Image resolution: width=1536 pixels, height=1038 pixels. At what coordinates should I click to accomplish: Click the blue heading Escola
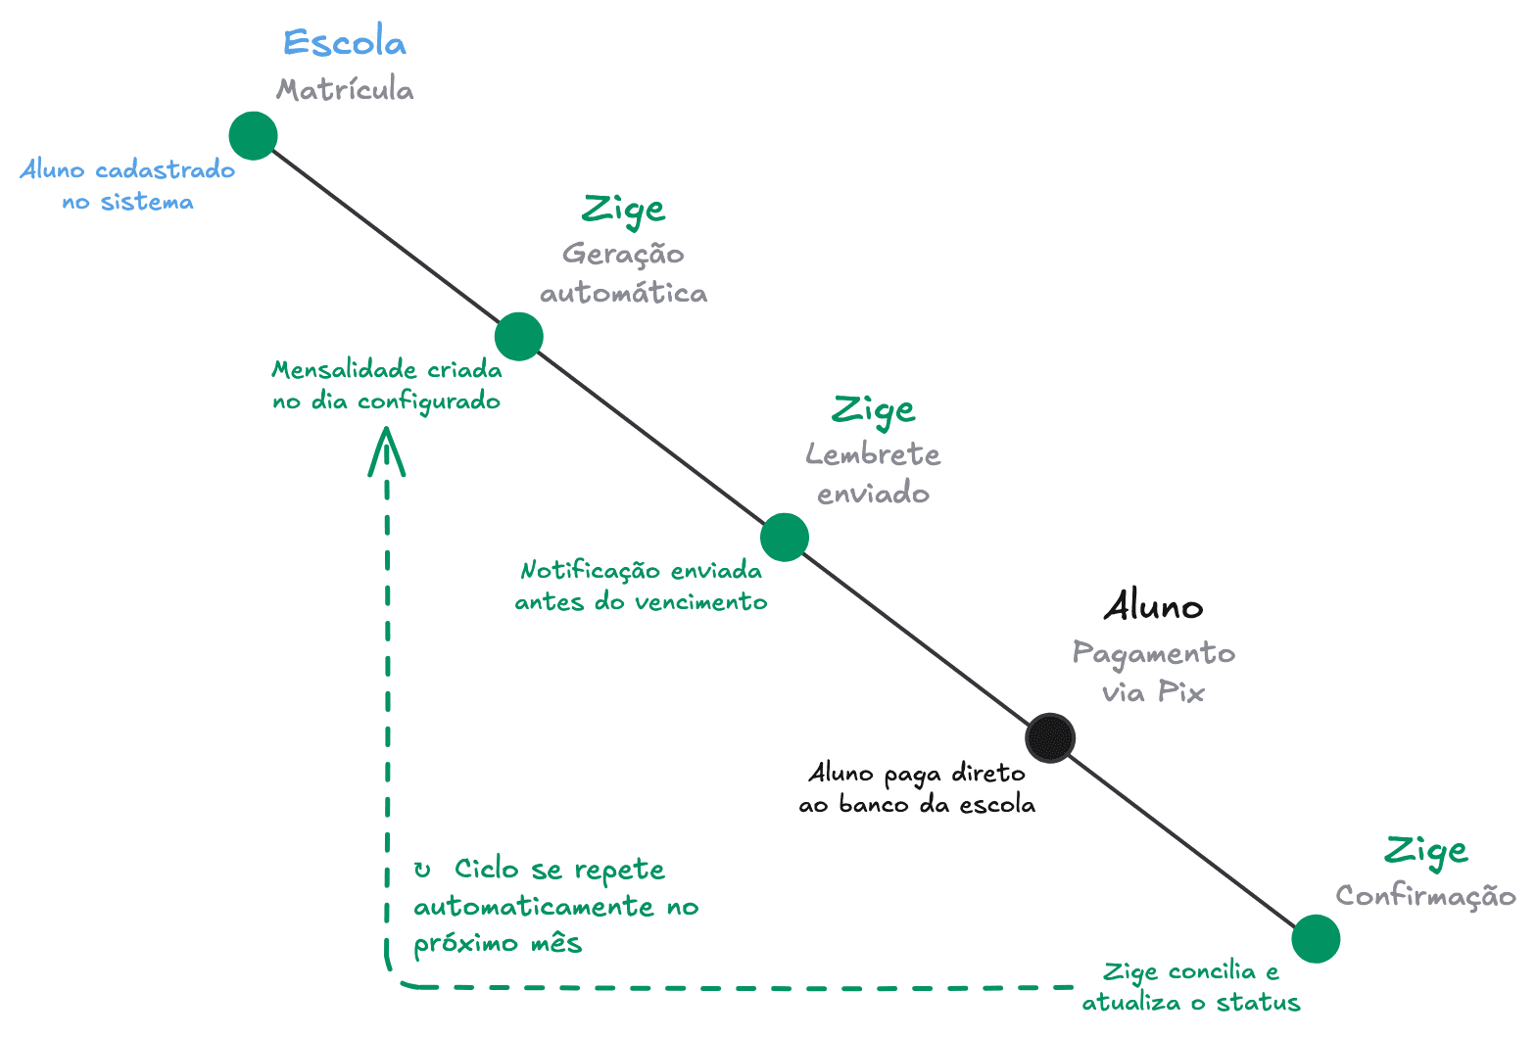[344, 43]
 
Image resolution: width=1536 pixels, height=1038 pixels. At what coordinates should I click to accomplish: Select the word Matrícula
[345, 90]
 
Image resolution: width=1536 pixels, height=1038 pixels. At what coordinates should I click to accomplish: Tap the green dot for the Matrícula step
[254, 135]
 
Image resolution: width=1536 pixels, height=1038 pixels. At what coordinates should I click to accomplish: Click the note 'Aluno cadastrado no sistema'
[128, 185]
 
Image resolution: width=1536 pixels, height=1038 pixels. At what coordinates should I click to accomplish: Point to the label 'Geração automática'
[623, 273]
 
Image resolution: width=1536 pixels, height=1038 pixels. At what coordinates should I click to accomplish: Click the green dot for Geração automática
[519, 337]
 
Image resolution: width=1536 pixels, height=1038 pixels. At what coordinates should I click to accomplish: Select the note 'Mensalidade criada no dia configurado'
[387, 386]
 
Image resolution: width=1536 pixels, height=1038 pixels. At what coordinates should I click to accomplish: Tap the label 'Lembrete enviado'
[873, 474]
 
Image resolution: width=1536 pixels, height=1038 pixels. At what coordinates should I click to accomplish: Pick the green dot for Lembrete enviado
[785, 537]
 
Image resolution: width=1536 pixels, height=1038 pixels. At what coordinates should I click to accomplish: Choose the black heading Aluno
[1153, 607]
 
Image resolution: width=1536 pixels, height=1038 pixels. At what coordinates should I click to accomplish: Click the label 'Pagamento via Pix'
[1153, 673]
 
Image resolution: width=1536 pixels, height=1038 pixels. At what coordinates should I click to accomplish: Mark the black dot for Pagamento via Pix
[1050, 737]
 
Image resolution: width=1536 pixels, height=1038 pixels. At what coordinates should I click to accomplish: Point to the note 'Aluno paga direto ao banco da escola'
[917, 788]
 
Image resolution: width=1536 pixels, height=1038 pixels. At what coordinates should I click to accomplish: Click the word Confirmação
[1425, 896]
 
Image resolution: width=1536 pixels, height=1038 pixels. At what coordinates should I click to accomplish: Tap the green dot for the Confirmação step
[1316, 939]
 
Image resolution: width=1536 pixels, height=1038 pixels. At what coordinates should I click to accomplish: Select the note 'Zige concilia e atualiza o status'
[1191, 987]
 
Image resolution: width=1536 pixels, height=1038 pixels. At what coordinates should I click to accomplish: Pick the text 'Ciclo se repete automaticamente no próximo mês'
[554, 906]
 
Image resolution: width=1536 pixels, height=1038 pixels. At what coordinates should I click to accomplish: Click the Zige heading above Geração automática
[623, 209]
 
